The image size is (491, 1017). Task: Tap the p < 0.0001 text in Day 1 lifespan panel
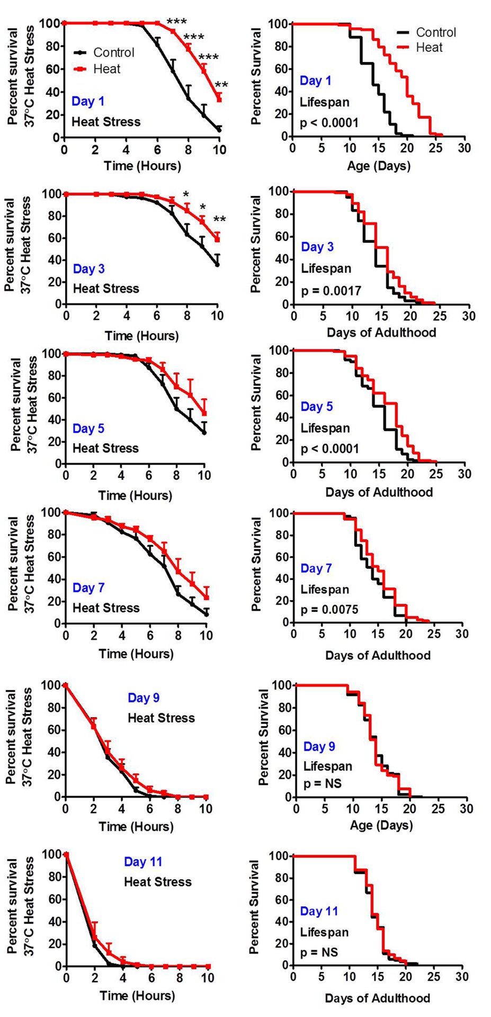pyautogui.click(x=329, y=123)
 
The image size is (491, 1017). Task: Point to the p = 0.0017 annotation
pyautogui.click(x=331, y=291)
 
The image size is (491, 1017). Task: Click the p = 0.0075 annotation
pyautogui.click(x=329, y=610)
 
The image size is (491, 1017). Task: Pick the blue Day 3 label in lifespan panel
pyautogui.click(x=317, y=247)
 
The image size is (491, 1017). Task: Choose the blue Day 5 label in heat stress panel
pyautogui.click(x=88, y=429)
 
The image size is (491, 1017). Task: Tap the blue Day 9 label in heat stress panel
pyautogui.click(x=144, y=698)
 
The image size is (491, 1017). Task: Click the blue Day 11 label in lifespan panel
pyautogui.click(x=319, y=911)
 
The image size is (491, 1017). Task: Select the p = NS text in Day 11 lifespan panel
pyautogui.click(x=319, y=952)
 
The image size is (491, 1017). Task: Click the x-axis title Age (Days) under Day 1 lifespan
pyautogui.click(x=379, y=166)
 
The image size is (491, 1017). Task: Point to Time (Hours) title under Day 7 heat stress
pyautogui.click(x=136, y=654)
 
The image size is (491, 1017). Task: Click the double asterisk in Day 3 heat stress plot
pyautogui.click(x=220, y=220)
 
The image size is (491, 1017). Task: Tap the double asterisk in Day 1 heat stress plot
pyautogui.click(x=221, y=85)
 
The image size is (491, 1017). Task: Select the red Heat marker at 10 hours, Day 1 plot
pyautogui.click(x=219, y=99)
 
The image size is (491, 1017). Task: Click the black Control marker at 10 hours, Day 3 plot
pyautogui.click(x=217, y=264)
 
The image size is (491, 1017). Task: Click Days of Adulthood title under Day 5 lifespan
pyautogui.click(x=379, y=492)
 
